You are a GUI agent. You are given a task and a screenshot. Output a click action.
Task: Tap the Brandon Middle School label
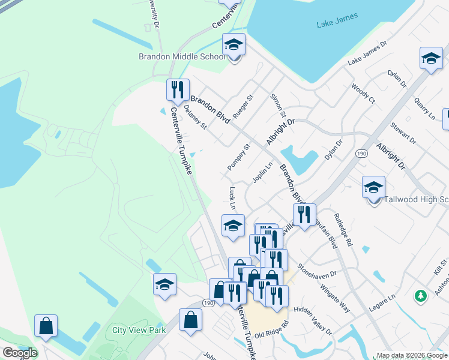pyautogui.click(x=182, y=57)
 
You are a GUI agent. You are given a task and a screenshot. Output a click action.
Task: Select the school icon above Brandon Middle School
pyautogui.click(x=234, y=44)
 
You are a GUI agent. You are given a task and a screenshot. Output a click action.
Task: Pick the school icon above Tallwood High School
pyautogui.click(x=373, y=187)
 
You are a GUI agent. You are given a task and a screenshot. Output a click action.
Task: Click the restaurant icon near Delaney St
pyautogui.click(x=178, y=90)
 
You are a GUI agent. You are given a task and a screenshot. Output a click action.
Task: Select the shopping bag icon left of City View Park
pyautogui.click(x=46, y=326)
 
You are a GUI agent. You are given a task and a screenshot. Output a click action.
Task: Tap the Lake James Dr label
pyautogui.click(x=368, y=53)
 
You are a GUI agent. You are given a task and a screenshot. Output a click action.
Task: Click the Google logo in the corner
pyautogui.click(x=19, y=353)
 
